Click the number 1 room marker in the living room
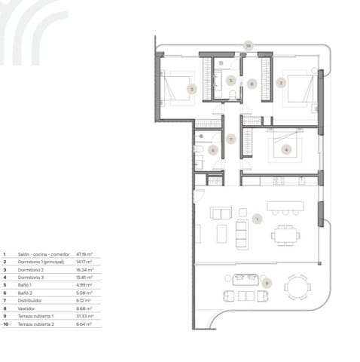tap(257, 219)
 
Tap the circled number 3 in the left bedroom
tap(192, 89)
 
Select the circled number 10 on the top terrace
tap(248, 47)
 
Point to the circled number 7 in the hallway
tap(231, 138)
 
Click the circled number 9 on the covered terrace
tap(266, 283)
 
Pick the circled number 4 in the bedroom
tap(285, 149)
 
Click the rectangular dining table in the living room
tap(285, 235)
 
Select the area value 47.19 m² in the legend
tap(84, 255)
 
